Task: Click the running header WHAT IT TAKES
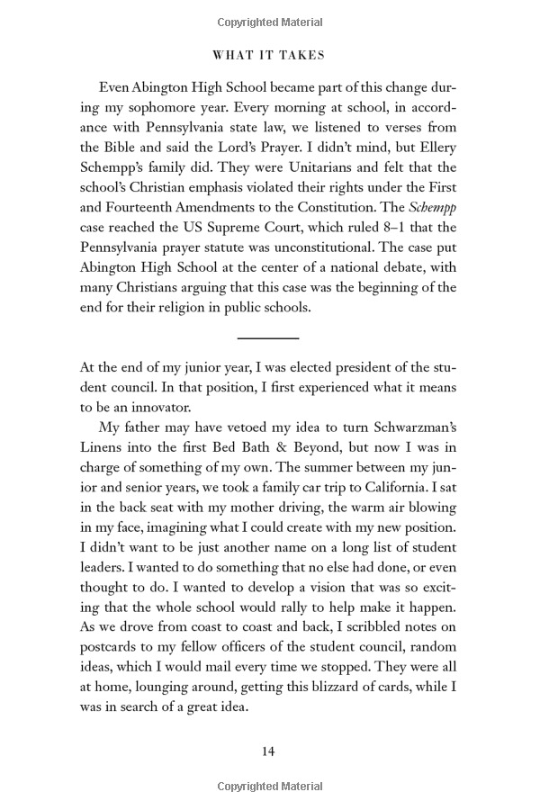click(269, 55)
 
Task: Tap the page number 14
click(269, 751)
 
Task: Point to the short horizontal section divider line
click(268, 337)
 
